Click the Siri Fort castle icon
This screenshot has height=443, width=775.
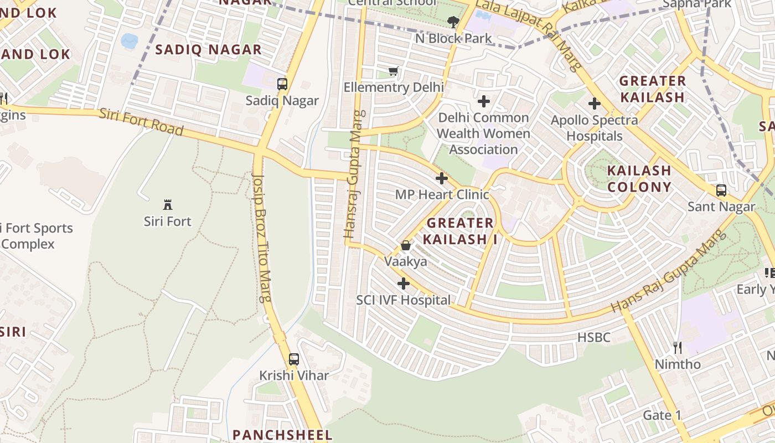coord(167,205)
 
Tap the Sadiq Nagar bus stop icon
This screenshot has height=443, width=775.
coord(282,84)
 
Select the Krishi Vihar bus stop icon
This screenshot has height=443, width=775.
coord(294,359)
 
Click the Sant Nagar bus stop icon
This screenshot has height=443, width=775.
coord(721,190)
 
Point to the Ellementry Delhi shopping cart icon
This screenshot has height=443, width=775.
coord(394,71)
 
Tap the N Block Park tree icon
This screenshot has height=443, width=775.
coord(453,22)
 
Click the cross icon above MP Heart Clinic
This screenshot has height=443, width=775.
coord(442,178)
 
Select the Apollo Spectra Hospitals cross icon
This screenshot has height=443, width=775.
coord(595,104)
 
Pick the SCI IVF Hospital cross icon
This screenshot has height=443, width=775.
coord(404,284)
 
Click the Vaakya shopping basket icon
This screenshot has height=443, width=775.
coord(406,245)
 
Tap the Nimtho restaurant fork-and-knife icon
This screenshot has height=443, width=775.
coord(678,348)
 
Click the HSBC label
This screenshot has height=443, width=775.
coord(593,337)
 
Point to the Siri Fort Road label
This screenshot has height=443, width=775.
coord(141,122)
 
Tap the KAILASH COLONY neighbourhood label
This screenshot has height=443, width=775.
coord(639,178)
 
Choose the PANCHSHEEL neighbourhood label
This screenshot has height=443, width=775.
coord(282,435)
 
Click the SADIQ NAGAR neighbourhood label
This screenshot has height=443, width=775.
coord(208,50)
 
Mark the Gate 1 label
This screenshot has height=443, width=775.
coord(662,415)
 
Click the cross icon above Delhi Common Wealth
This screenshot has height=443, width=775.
coord(484,101)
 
